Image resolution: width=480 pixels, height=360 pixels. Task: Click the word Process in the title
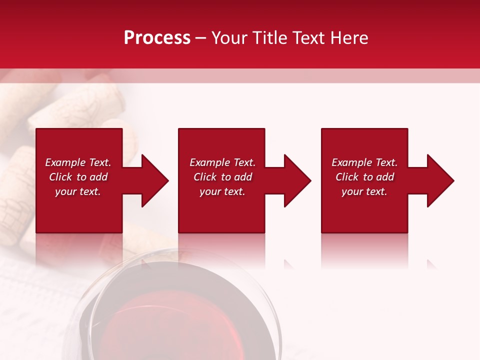click(157, 38)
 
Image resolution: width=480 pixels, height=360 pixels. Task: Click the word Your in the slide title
click(230, 38)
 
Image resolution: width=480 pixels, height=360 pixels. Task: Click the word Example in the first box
click(65, 162)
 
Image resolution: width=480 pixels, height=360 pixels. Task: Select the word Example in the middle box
click(209, 162)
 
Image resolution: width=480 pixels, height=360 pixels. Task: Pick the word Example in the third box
click(351, 162)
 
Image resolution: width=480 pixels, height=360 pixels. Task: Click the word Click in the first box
click(61, 177)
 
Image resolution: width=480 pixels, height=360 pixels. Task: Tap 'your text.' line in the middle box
click(222, 191)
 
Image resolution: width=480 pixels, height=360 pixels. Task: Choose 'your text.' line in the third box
click(364, 191)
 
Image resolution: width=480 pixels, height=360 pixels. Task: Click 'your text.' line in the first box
click(77, 191)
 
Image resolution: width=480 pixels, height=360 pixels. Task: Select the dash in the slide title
click(201, 38)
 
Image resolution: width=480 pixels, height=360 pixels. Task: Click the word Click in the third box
click(347, 177)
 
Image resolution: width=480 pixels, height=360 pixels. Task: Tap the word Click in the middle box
click(205, 177)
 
